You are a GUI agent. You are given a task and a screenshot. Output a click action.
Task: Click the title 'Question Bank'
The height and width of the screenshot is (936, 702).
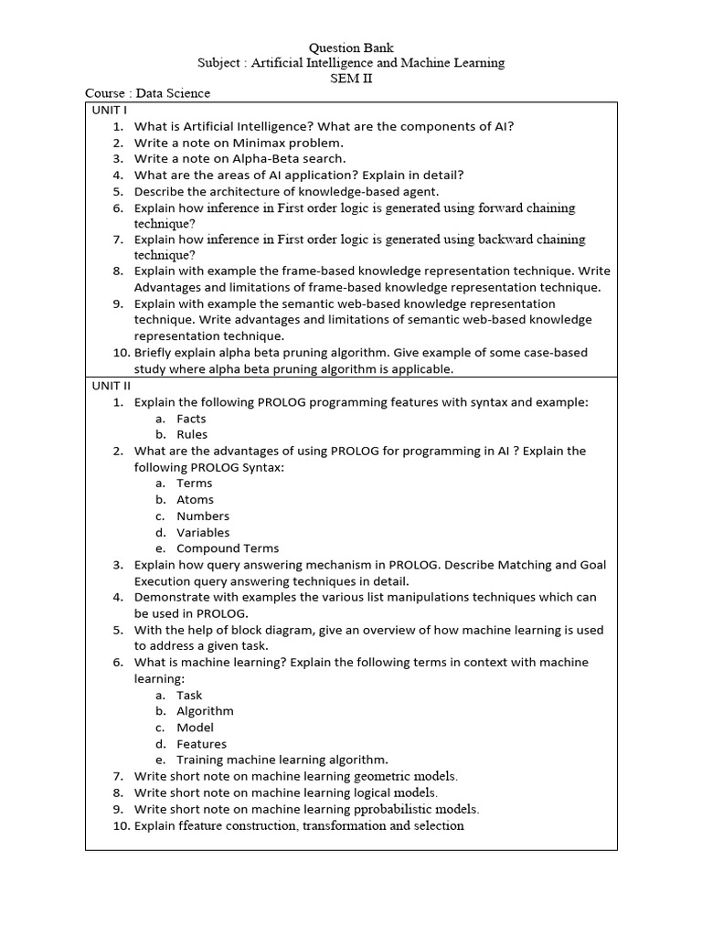351,47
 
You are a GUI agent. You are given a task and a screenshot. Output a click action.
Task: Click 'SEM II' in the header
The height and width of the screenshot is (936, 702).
351,79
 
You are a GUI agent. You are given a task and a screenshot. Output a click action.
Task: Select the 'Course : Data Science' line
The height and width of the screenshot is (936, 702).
147,93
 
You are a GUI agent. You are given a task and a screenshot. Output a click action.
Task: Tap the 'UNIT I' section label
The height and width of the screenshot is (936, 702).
110,109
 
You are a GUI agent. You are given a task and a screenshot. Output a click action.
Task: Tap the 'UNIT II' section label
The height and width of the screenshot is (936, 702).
112,386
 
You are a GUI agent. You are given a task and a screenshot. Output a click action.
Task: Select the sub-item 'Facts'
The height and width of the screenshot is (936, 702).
191,419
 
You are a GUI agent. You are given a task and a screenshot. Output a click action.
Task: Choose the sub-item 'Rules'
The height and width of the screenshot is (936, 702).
192,435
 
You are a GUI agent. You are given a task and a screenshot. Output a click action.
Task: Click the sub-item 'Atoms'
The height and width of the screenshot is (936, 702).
195,500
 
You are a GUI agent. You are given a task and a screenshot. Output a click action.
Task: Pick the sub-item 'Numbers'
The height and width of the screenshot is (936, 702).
203,516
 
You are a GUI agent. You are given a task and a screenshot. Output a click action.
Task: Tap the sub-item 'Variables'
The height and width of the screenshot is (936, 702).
203,533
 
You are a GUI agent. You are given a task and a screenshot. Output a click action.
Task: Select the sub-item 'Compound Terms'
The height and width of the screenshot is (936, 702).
228,548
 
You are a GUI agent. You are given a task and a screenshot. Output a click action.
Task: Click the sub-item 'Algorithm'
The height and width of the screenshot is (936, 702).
205,711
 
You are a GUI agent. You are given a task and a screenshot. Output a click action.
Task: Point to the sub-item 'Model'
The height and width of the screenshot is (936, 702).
195,728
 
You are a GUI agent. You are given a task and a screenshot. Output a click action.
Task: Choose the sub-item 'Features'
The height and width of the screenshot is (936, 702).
201,744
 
